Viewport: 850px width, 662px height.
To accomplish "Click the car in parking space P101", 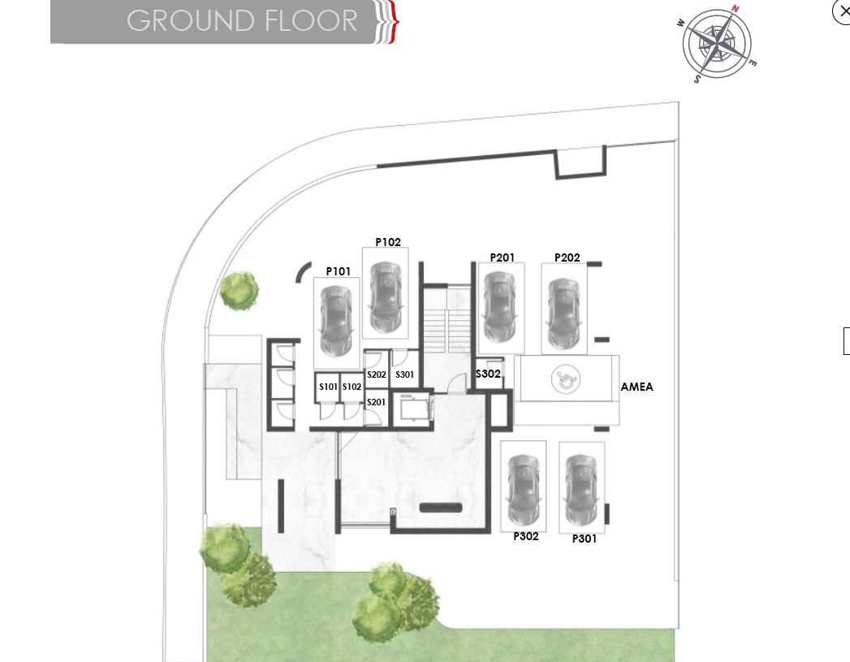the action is pyautogui.click(x=336, y=321).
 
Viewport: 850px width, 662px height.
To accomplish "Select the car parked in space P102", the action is pyautogui.click(x=385, y=297).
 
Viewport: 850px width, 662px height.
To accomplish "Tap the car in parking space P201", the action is pyautogui.click(x=500, y=307).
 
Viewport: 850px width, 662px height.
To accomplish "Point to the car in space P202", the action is pyautogui.click(x=564, y=314).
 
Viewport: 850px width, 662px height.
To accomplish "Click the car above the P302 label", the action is pyautogui.click(x=524, y=490).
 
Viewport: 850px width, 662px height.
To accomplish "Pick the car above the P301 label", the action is pyautogui.click(x=581, y=490).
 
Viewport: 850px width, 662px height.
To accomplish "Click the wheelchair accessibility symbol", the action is pyautogui.click(x=565, y=379).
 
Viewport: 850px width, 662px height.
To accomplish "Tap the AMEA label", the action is pyautogui.click(x=637, y=387).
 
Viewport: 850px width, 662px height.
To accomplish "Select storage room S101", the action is pyautogui.click(x=328, y=387).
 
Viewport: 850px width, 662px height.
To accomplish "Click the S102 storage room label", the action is pyautogui.click(x=352, y=387).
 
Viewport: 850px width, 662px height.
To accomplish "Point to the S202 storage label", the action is pyautogui.click(x=377, y=374).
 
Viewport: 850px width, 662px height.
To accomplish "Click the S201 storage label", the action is pyautogui.click(x=376, y=402).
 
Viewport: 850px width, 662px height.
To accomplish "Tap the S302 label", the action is pyautogui.click(x=488, y=374).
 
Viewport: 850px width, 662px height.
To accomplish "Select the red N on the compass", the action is pyautogui.click(x=735, y=9).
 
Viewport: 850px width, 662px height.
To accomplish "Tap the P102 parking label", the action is pyautogui.click(x=388, y=242).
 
